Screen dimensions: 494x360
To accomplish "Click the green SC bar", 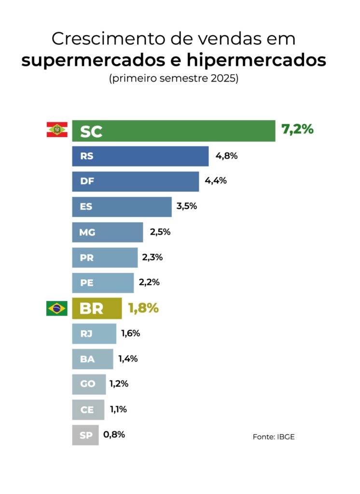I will click(174, 131).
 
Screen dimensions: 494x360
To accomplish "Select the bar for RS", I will click(140, 156).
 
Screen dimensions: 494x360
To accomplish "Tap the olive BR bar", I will click(97, 308).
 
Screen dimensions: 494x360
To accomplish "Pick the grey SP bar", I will click(85, 435).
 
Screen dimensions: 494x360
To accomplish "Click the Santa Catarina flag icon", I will click(57, 130).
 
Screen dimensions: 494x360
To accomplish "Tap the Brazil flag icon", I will click(57, 308).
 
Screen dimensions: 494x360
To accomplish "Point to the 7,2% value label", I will click(297, 129).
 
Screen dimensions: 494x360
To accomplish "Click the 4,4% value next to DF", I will click(216, 181).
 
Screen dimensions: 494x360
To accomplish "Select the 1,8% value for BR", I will click(143, 308).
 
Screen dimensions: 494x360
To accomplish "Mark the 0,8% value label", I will click(114, 434).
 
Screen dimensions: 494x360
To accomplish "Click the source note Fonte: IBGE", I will click(274, 437).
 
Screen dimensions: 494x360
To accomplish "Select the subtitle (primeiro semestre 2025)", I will click(174, 79).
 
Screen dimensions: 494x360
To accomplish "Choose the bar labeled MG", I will click(108, 232).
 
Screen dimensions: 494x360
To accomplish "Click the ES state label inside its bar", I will click(86, 207).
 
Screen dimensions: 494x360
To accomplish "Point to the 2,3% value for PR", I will click(152, 257).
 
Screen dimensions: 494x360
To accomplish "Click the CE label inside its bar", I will click(87, 410).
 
